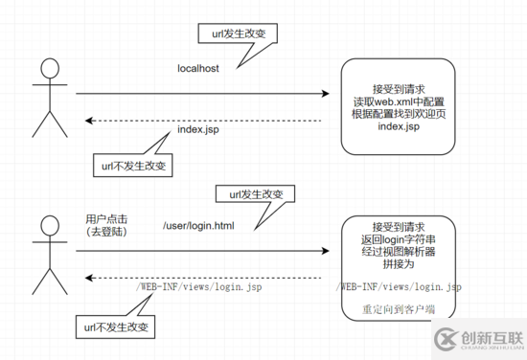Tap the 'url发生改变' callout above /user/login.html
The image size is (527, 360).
pos(255,193)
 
